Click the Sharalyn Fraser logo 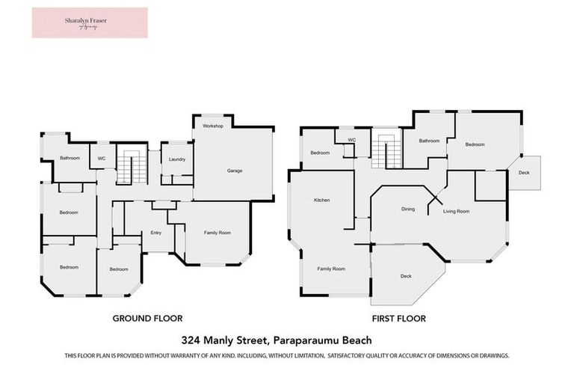coord(90,22)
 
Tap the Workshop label coord(213,126)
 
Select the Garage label coord(235,171)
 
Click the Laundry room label coord(177,159)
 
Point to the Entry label coord(156,233)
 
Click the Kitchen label coord(322,200)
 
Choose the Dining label coord(407,209)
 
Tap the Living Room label coord(456,212)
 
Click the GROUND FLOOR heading coord(147,318)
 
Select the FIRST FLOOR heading coord(398,319)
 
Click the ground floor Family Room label coord(217,233)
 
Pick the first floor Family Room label coord(331,269)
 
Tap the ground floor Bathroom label coord(70,158)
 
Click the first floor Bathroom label coord(429,141)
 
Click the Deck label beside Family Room coord(406,276)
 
